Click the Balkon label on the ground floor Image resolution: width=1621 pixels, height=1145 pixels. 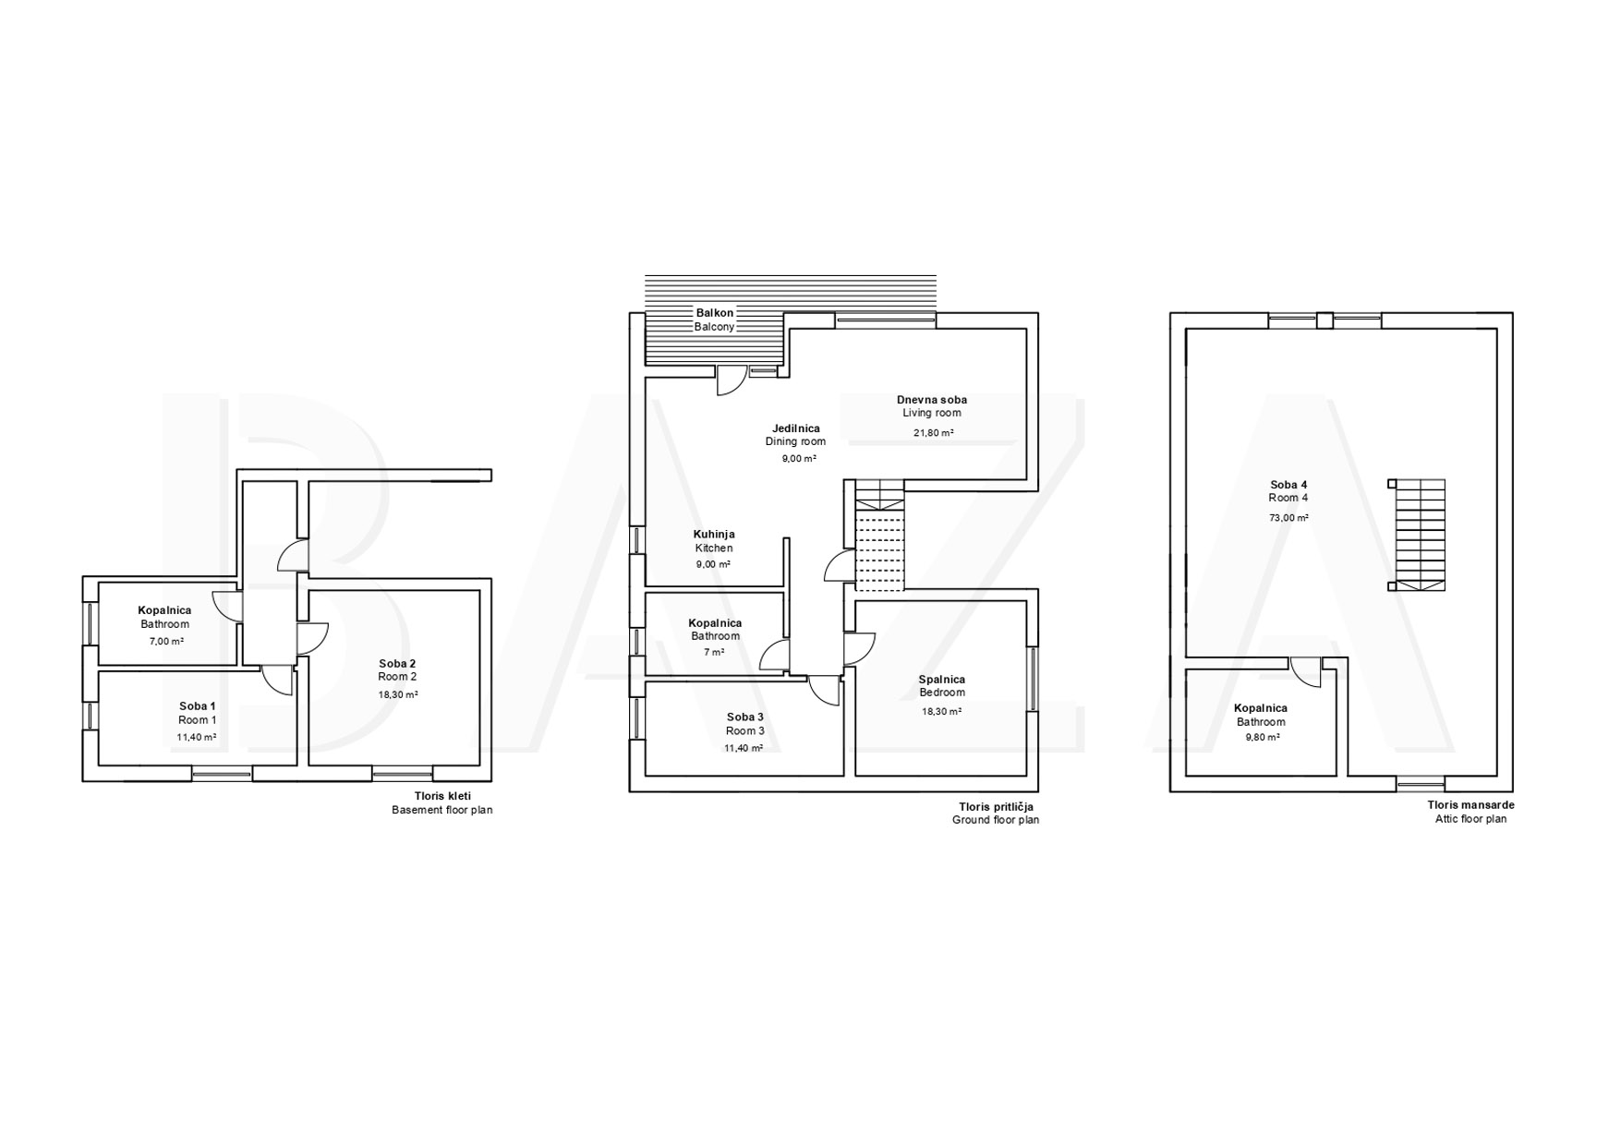click(x=715, y=313)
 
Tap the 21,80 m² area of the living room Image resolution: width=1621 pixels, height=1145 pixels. click(x=934, y=432)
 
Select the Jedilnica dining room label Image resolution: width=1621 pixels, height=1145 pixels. click(x=796, y=428)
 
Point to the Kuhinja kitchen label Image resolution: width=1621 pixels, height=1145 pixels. click(x=714, y=534)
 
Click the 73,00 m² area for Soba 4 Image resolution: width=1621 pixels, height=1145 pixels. click(x=1288, y=518)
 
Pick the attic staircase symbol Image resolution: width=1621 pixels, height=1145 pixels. click(x=1417, y=535)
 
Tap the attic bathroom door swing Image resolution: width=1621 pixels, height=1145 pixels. click(x=1306, y=672)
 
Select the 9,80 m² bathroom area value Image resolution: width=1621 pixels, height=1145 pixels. click(x=1261, y=738)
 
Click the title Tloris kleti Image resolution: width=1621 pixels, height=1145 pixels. click(x=442, y=796)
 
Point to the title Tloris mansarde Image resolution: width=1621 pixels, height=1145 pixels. click(x=1470, y=805)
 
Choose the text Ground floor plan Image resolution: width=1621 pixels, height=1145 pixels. click(x=996, y=820)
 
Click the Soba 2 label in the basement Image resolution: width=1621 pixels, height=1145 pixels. click(x=397, y=663)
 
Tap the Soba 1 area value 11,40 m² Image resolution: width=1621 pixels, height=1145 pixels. click(x=197, y=738)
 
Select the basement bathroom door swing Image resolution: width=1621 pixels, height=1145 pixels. click(x=227, y=606)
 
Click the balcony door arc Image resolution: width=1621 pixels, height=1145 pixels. click(x=732, y=381)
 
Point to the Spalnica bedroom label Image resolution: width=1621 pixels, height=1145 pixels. click(x=942, y=680)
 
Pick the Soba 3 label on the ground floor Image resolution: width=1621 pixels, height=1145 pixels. click(x=745, y=717)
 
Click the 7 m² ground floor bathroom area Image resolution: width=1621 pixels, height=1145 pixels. click(x=714, y=652)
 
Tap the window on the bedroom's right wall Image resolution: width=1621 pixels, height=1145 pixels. click(x=1033, y=679)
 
